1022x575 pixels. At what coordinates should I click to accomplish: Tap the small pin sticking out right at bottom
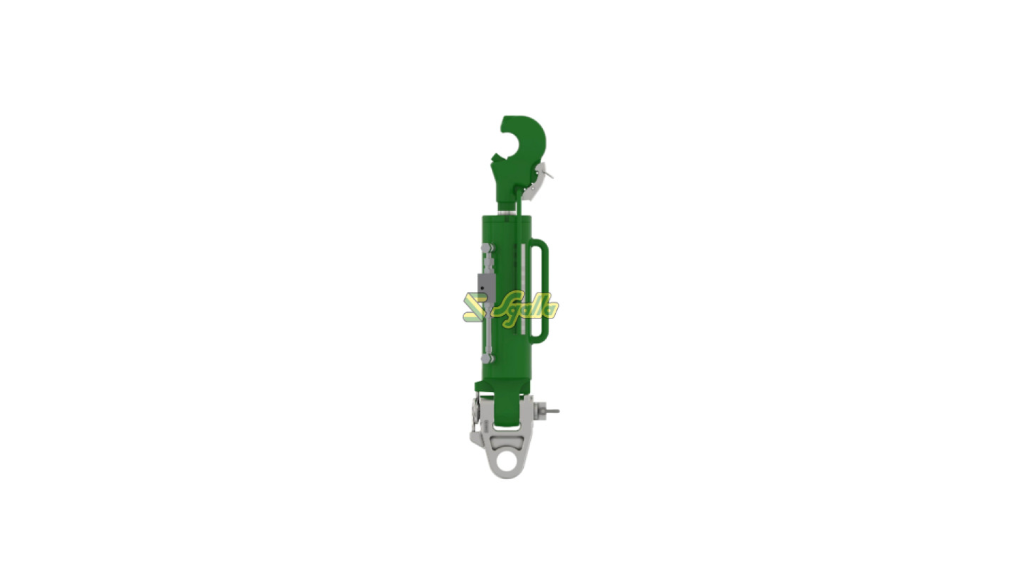[x=553, y=411]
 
